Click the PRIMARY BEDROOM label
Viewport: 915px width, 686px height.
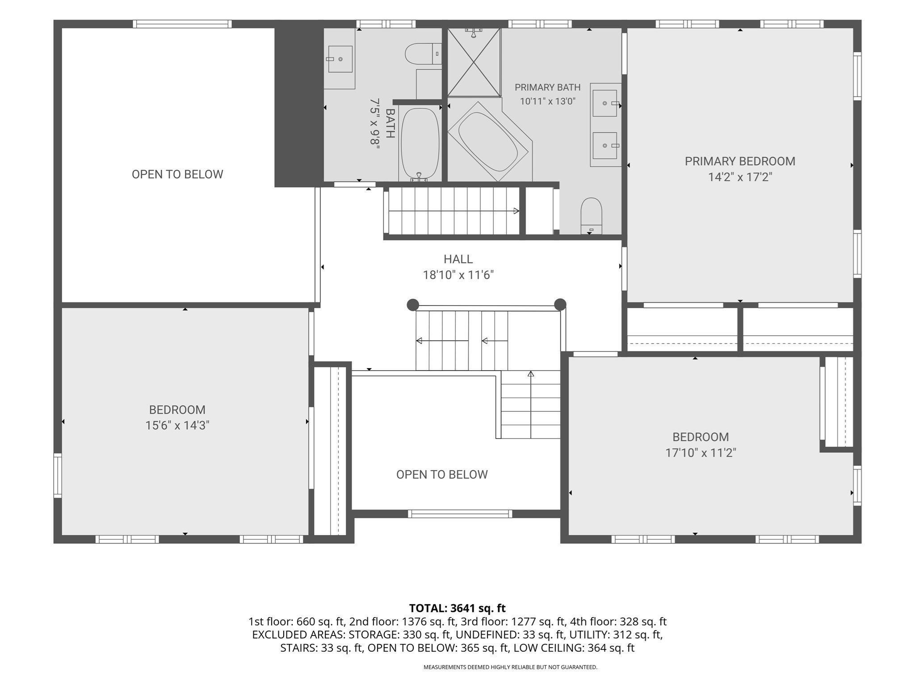[x=740, y=161]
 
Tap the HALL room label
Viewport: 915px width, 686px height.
[x=458, y=259]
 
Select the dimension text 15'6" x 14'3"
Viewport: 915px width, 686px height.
[x=177, y=425]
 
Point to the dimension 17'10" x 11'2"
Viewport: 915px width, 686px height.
[x=701, y=453]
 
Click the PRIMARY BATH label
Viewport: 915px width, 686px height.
[x=547, y=88]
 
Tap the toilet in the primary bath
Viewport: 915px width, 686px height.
[x=591, y=216]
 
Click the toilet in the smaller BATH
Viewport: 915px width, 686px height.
[x=423, y=54]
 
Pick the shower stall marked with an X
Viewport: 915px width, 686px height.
[x=474, y=62]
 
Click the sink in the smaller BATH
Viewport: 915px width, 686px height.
[x=340, y=59]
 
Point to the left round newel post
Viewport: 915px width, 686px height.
[x=413, y=305]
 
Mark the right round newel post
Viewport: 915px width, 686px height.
[x=560, y=305]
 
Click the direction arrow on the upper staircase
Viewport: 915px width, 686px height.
[x=453, y=211]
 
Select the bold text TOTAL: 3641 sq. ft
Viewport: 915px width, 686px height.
[x=457, y=608]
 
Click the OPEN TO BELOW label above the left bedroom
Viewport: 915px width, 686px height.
[x=177, y=174]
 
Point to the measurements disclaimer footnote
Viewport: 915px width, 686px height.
[x=510, y=667]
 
